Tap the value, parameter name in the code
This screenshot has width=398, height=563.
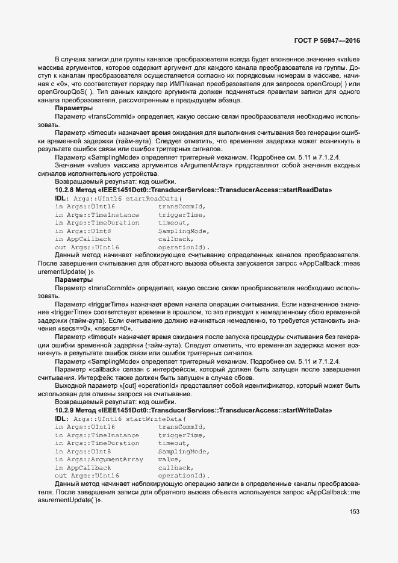pyautogui.click(x=170, y=459)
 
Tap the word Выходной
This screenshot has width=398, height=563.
pyautogui.click(x=70, y=385)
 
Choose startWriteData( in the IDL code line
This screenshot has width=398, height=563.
pyautogui.click(x=155, y=418)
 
